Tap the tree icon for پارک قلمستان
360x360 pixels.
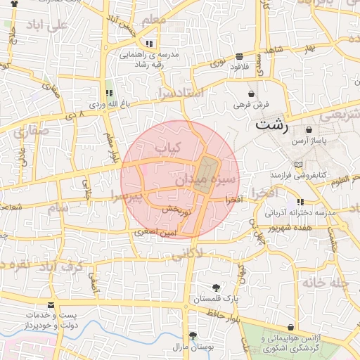pos(215,287)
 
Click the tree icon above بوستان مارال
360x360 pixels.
pos(193,335)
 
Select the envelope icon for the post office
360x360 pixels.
pos(51,305)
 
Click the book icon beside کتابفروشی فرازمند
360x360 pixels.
pos(299,164)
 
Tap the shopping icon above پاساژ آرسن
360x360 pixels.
pos(309,130)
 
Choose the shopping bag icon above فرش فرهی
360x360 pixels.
pos(252,94)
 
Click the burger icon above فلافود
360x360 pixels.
pos(240,56)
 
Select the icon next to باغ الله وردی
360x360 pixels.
pos(108,93)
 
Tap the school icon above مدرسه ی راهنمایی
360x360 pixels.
pos(149,44)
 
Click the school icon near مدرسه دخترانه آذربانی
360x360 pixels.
pos(301,202)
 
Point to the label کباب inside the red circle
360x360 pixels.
pos(168,148)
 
